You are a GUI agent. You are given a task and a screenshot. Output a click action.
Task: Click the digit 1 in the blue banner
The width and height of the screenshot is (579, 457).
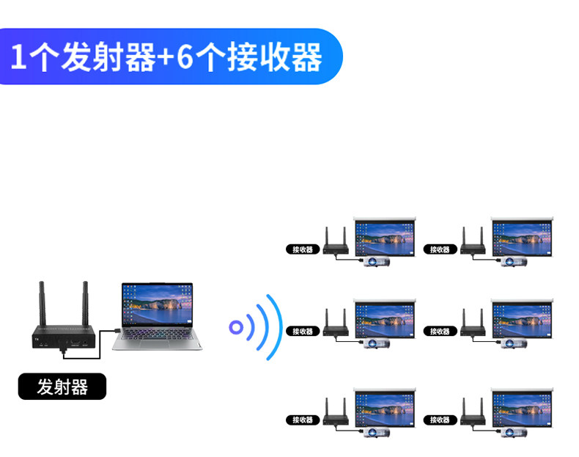(x=18, y=57)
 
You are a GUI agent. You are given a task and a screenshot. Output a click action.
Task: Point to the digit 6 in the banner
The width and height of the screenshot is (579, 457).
(x=185, y=56)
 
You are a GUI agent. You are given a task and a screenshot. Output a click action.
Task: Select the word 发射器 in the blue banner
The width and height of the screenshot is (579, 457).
(x=108, y=56)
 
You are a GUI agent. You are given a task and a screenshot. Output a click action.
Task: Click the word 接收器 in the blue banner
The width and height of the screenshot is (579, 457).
(x=275, y=56)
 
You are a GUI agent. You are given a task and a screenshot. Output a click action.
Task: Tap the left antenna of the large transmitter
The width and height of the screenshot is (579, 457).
(x=42, y=304)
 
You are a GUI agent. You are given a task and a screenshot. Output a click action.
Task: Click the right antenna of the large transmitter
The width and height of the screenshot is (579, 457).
(x=85, y=304)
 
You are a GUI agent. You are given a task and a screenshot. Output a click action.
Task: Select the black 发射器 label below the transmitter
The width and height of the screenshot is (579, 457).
(x=62, y=387)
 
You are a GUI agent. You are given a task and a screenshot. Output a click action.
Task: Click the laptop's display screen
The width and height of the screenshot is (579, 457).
(x=158, y=305)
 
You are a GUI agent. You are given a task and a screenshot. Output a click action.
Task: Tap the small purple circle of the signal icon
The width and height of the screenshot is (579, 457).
(x=236, y=327)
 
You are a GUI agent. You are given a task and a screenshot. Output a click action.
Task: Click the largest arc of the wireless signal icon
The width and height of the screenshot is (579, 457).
(x=276, y=327)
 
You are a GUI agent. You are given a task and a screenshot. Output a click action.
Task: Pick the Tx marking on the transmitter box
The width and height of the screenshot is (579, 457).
(x=37, y=339)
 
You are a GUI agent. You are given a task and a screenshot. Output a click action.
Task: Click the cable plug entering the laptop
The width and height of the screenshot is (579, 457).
(x=116, y=331)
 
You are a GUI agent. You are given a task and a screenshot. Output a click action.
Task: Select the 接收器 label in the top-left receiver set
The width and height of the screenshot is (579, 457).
(x=303, y=249)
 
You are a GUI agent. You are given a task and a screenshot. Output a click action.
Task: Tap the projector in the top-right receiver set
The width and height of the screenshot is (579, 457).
(x=514, y=262)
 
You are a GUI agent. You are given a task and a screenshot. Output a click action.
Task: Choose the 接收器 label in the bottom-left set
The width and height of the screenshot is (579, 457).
(x=303, y=420)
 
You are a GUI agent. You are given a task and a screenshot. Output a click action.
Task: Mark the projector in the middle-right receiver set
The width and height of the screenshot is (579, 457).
(x=514, y=343)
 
